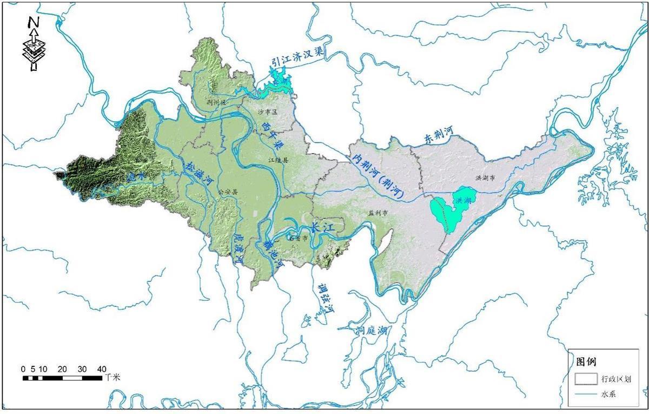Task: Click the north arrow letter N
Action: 34,22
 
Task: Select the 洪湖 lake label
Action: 463,200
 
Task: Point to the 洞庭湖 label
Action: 371,331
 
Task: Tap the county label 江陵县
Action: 279,160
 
